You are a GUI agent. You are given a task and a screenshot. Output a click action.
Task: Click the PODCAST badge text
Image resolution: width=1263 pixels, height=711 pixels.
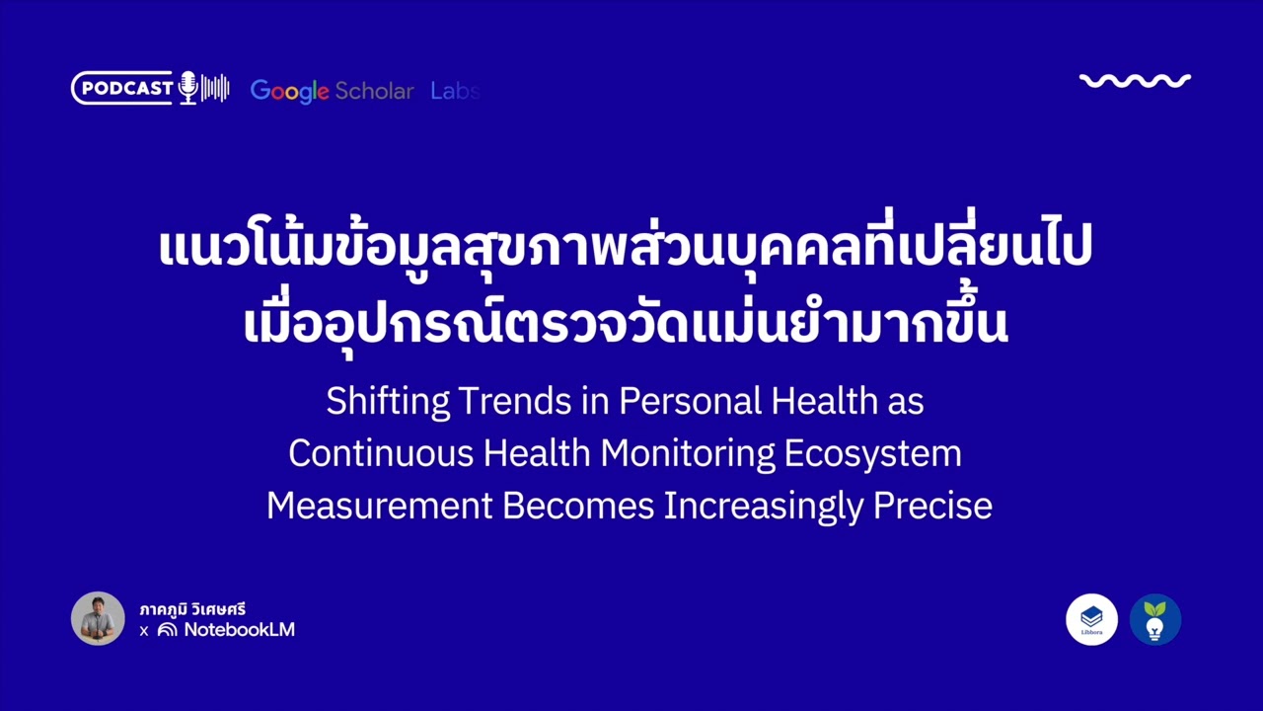tap(126, 89)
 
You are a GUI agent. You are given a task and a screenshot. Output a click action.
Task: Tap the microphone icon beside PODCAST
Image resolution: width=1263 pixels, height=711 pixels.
tap(187, 89)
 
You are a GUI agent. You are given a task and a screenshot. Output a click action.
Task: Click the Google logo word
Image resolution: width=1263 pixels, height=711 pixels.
tap(289, 91)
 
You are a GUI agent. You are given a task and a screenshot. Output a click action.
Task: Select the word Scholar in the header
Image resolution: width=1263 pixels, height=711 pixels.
tap(374, 91)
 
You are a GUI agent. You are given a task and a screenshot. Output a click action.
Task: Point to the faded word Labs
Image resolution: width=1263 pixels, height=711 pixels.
tap(454, 91)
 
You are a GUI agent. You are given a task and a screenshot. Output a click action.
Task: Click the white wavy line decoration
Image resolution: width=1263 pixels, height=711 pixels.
tap(1135, 81)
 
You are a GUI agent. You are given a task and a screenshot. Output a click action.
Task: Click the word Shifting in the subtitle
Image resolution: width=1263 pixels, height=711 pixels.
tap(388, 402)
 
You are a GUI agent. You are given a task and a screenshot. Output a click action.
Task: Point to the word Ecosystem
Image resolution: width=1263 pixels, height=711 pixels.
tap(873, 454)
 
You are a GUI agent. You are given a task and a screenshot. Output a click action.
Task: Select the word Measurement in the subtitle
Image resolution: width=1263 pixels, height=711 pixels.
tap(379, 507)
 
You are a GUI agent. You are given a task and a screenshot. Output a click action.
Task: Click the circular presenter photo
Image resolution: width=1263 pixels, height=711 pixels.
tap(98, 619)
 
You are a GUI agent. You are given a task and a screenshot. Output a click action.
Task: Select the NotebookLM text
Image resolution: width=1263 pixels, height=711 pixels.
tap(239, 630)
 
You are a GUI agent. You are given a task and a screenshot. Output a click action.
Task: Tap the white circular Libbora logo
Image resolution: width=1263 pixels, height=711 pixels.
tap(1091, 620)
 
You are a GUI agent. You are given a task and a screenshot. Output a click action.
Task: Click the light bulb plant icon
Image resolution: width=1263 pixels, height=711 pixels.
tap(1154, 620)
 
